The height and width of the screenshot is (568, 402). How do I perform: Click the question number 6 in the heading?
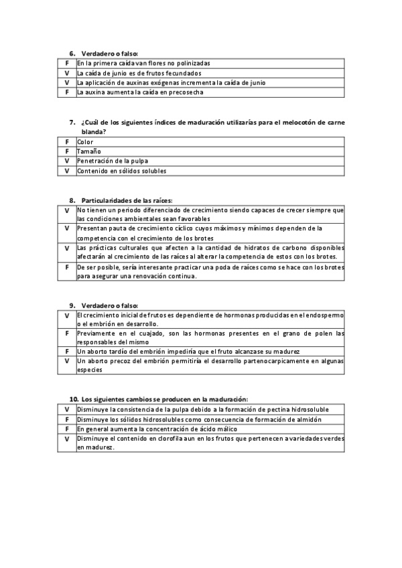pyautogui.click(x=72, y=53)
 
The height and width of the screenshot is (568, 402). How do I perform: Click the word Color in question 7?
pyautogui.click(x=85, y=142)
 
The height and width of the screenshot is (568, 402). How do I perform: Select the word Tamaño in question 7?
pyautogui.click(x=88, y=151)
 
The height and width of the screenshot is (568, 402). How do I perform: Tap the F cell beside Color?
pyautogui.click(x=67, y=142)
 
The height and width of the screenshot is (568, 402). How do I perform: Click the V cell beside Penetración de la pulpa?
pyautogui.click(x=67, y=161)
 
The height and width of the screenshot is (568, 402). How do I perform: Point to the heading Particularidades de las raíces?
pyautogui.click(x=127, y=200)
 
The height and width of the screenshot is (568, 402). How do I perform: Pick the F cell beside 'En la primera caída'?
pyautogui.click(x=67, y=63)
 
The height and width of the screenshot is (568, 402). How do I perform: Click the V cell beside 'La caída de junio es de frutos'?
pyautogui.click(x=67, y=72)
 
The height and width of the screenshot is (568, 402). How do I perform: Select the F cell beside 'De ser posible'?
pyautogui.click(x=67, y=267)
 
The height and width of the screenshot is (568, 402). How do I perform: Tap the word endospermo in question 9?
pyautogui.click(x=324, y=314)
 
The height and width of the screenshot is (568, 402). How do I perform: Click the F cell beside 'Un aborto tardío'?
pyautogui.click(x=67, y=351)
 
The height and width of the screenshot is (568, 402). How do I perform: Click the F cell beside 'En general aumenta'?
pyautogui.click(x=67, y=428)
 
